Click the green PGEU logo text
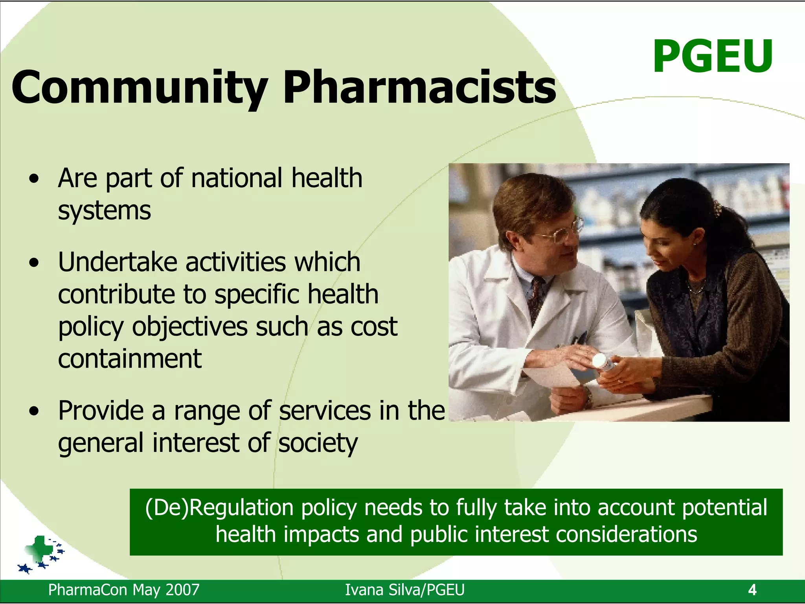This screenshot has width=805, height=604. pos(712,57)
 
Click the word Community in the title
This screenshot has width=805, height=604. pos(140,87)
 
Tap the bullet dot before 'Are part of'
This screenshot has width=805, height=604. pos(35,179)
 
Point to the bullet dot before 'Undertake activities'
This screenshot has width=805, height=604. pos(35,262)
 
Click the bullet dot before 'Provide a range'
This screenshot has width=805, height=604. pos(35,411)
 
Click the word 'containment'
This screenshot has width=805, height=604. pos(130,359)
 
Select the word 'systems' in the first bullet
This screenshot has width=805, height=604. pos(104,211)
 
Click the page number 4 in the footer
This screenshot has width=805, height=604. pos(752,590)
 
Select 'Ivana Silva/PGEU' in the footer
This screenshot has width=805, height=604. pos(404,590)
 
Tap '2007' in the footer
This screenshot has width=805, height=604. pos(182,590)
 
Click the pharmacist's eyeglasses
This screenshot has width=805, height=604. pos(560,232)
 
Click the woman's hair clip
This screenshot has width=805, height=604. pos(718,209)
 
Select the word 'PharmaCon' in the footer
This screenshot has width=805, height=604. pos(88,590)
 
